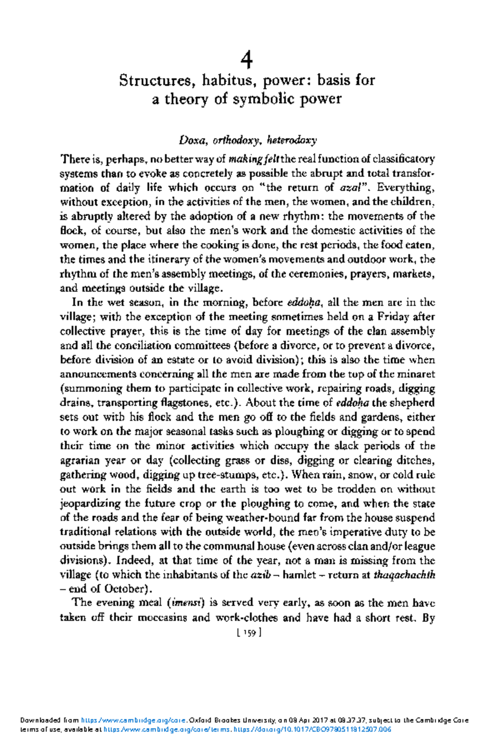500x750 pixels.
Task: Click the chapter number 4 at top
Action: click(247, 61)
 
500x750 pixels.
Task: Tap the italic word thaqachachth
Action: click(404, 575)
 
